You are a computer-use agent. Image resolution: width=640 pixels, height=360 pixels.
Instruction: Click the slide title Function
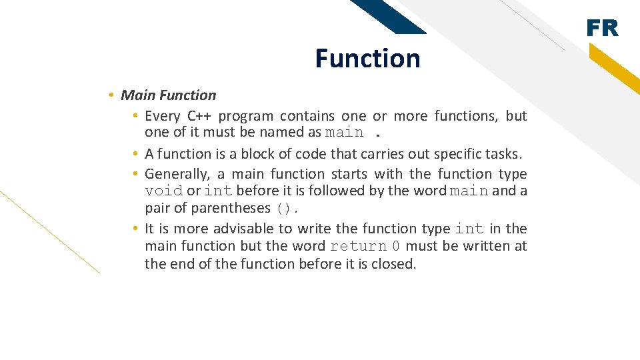(367, 59)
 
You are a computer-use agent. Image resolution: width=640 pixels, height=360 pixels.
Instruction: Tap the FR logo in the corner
(602, 29)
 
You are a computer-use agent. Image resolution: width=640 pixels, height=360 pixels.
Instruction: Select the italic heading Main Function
(168, 95)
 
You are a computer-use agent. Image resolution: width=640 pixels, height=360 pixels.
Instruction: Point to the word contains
(307, 116)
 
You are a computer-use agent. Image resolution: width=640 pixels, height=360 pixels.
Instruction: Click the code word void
(164, 191)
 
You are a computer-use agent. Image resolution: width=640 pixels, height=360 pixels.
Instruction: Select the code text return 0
(365, 247)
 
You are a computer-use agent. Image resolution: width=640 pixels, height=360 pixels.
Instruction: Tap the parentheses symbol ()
(283, 209)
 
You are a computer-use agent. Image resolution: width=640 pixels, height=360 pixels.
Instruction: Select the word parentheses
(231, 209)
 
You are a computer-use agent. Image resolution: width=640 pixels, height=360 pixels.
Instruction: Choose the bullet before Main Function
(112, 95)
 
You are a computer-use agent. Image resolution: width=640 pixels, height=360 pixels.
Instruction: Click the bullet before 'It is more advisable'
(135, 229)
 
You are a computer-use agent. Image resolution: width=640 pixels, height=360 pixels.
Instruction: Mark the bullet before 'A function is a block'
(135, 154)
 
